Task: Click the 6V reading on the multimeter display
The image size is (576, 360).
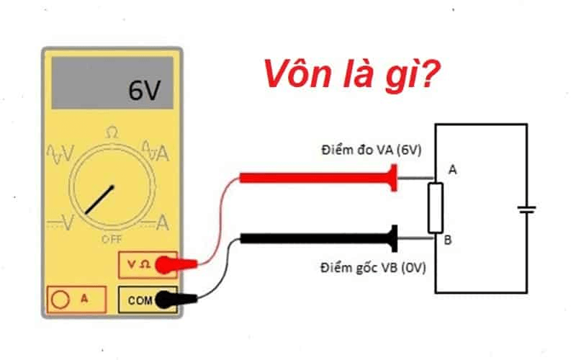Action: click(x=145, y=91)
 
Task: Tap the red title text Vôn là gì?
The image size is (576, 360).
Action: click(x=351, y=75)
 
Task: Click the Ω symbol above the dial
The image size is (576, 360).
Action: click(x=112, y=132)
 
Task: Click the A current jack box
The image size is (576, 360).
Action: click(x=76, y=297)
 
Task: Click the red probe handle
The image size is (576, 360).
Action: click(x=317, y=177)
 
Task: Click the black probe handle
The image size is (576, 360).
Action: click(x=317, y=238)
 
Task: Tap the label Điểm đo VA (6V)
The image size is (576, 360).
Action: click(x=371, y=151)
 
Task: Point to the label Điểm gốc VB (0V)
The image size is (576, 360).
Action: click(x=373, y=268)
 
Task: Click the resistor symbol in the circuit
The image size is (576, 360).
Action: click(x=435, y=207)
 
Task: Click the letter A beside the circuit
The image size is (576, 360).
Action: click(x=452, y=170)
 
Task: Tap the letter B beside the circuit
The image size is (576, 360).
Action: click(x=448, y=240)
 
